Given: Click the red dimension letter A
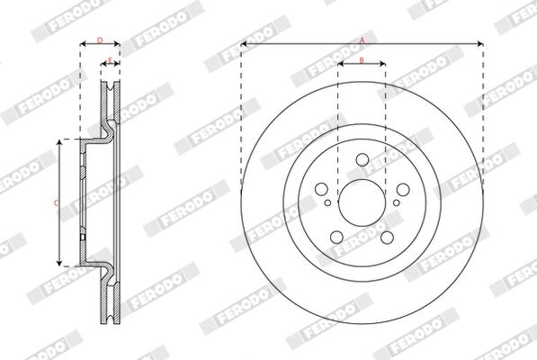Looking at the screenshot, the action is click(x=362, y=40).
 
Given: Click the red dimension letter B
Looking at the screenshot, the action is click(x=362, y=60).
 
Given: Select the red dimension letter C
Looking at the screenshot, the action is click(x=56, y=203).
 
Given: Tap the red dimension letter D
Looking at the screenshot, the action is click(x=100, y=40).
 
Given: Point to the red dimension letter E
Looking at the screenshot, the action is click(x=110, y=60).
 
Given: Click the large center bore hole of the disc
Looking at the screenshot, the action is click(x=362, y=202).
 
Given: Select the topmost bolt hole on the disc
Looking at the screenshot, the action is click(x=362, y=159).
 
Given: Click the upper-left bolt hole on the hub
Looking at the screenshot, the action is click(x=321, y=189).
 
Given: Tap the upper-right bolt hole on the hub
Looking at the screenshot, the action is click(x=403, y=189).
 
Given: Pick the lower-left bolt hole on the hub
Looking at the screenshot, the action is click(x=336, y=237).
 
